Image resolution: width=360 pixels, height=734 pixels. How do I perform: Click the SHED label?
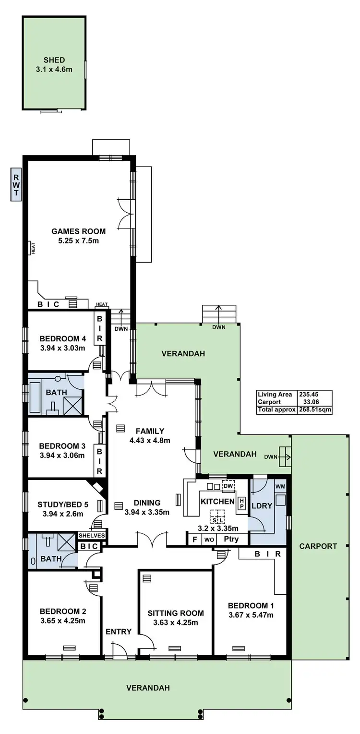[54, 60]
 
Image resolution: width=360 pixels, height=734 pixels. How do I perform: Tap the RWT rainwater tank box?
[16, 184]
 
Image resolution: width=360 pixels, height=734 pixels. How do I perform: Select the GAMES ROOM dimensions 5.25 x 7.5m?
[79, 241]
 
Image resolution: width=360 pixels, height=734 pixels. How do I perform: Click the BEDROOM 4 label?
[62, 338]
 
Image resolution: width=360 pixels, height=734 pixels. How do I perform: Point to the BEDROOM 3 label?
[62, 445]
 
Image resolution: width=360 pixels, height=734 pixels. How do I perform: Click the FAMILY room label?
[150, 431]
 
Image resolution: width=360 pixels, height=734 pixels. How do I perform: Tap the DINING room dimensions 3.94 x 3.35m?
[147, 512]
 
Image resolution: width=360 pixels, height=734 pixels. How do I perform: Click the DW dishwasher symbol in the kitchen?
[228, 486]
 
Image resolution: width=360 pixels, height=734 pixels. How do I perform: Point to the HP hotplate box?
[242, 503]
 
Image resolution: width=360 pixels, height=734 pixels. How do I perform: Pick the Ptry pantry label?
[231, 539]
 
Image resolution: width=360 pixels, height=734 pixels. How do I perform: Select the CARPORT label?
[318, 546]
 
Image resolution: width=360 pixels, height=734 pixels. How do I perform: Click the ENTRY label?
[119, 631]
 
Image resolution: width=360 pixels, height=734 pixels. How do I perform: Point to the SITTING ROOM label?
[175, 613]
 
